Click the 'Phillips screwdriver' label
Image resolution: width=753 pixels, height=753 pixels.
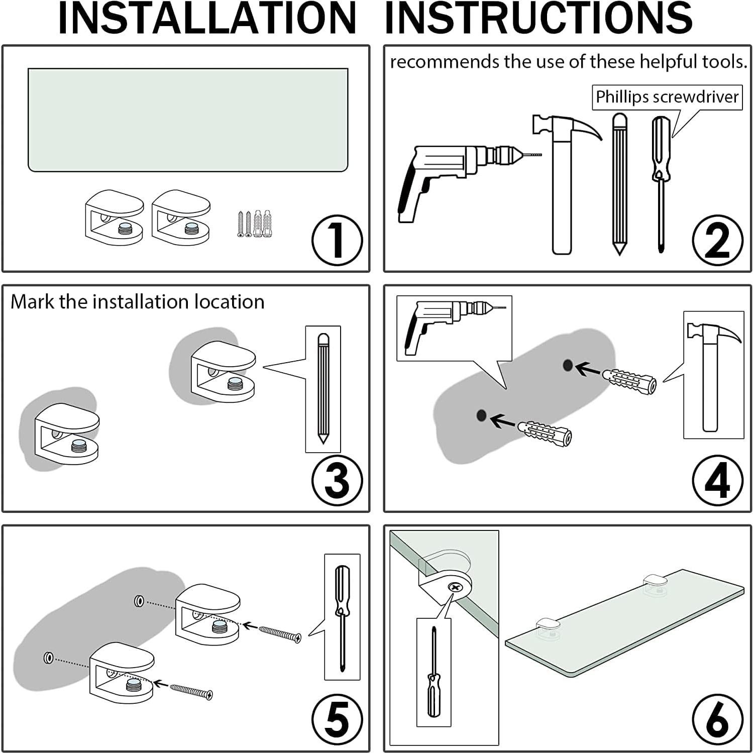[x=667, y=97]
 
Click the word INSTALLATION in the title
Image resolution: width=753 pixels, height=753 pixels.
[x=207, y=19]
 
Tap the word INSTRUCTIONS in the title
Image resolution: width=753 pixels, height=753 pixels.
[x=539, y=19]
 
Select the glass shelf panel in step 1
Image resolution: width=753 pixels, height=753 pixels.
[x=188, y=120]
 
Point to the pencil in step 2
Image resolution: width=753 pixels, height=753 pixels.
[x=619, y=184]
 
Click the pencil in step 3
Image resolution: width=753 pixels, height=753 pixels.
[x=323, y=388]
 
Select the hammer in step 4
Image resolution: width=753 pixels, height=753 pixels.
[x=713, y=376]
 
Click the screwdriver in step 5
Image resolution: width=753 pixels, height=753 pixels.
[x=342, y=618]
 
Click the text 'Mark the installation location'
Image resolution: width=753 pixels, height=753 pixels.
[x=138, y=302]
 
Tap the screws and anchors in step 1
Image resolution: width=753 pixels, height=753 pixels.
[x=256, y=224]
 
